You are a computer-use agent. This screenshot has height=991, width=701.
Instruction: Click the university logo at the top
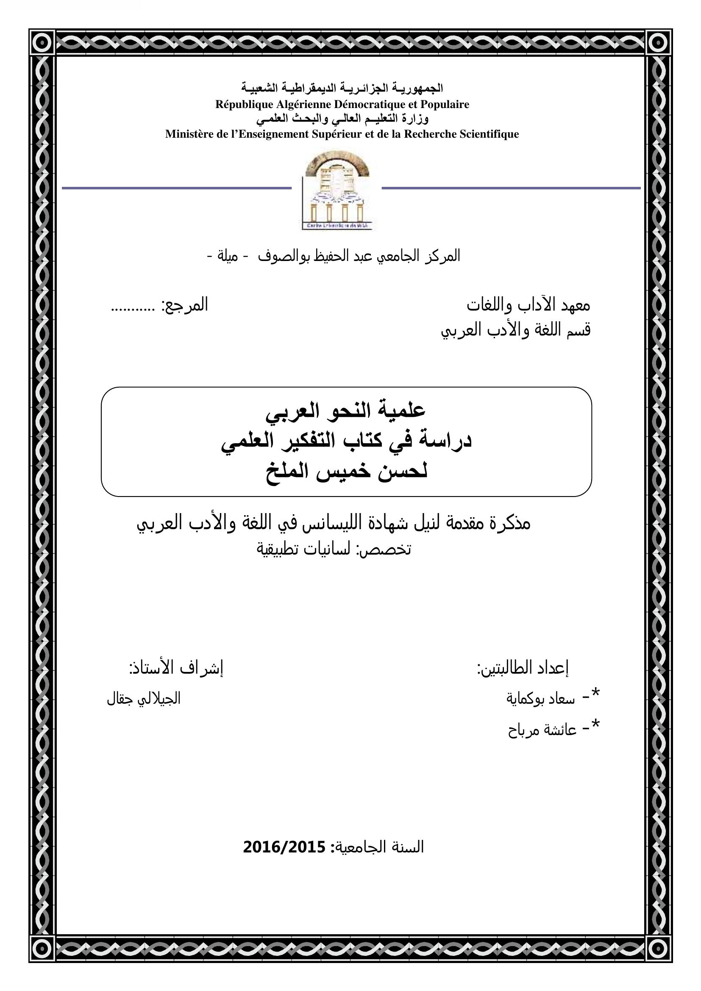click(337, 190)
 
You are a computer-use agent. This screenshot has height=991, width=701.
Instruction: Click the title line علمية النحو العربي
click(346, 411)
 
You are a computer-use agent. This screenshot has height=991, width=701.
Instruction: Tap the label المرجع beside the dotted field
click(185, 305)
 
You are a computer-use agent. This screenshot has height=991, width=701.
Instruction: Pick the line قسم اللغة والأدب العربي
click(515, 330)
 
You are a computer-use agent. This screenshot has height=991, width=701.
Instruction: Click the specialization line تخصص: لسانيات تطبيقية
click(334, 549)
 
